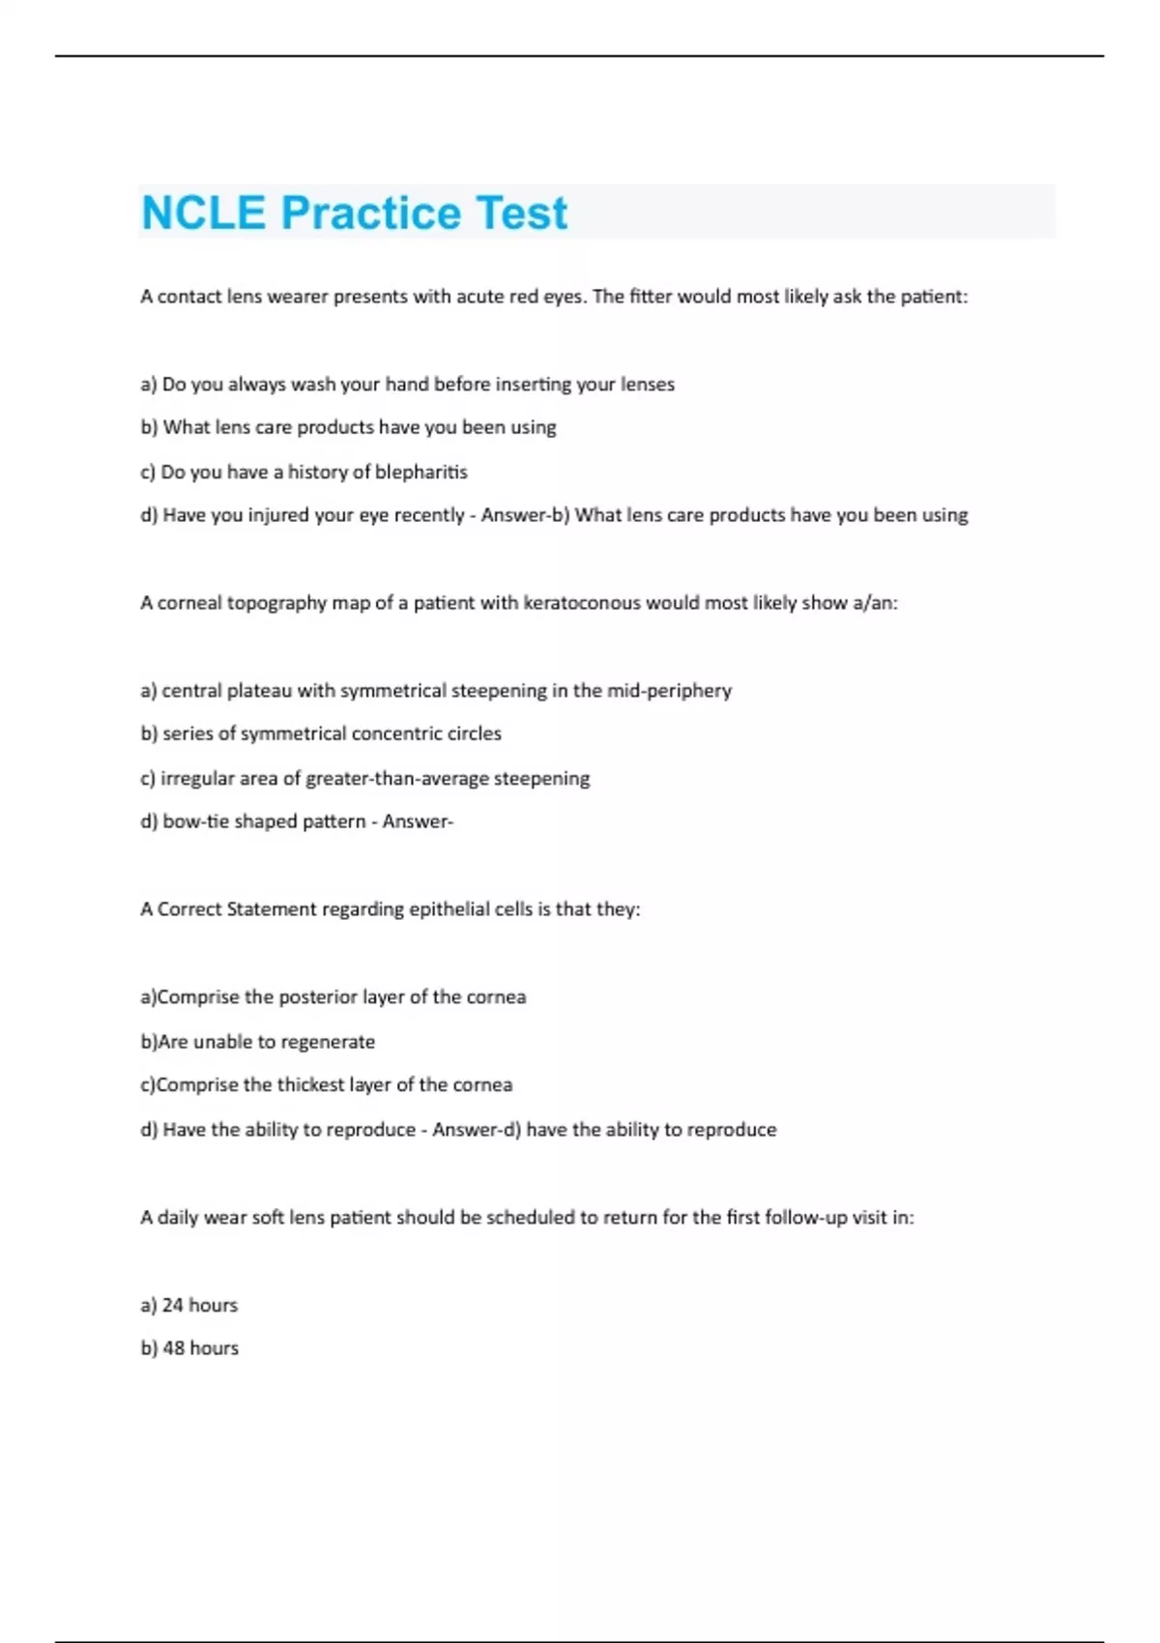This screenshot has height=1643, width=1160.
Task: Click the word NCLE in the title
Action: pyautogui.click(x=203, y=213)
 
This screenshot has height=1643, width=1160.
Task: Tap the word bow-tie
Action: pyautogui.click(x=194, y=821)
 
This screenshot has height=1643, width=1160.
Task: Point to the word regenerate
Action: pyautogui.click(x=328, y=1042)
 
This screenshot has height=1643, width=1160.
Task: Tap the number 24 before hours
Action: pyautogui.click(x=172, y=1305)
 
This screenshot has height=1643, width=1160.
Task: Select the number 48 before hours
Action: pyautogui.click(x=173, y=1348)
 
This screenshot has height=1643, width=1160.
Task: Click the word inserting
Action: pyautogui.click(x=533, y=385)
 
